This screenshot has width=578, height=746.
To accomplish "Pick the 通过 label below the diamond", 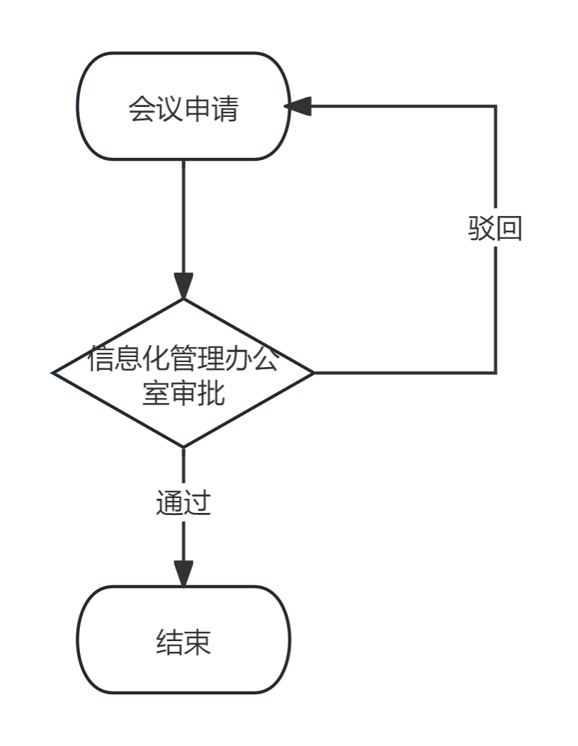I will (x=183, y=503).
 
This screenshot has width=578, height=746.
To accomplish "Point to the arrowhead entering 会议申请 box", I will (x=297, y=106).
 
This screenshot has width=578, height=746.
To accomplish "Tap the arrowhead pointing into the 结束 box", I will (x=183, y=573).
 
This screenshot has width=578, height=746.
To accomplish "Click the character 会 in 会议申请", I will (x=142, y=110).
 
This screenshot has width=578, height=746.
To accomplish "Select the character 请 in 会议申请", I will (x=225, y=110).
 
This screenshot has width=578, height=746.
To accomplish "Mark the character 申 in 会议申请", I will (x=197, y=110).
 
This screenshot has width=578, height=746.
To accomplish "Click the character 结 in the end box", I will (x=169, y=643).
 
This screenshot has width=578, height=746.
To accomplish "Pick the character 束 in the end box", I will (x=197, y=643).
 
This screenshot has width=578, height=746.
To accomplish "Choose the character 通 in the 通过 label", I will (x=170, y=503).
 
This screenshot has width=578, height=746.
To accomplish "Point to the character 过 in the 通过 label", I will (x=198, y=503).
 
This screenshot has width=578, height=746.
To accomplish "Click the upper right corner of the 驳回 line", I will (x=496, y=106).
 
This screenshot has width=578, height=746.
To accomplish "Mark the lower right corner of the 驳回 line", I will (x=496, y=373).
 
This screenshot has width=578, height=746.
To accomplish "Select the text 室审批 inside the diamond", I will (x=183, y=392).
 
